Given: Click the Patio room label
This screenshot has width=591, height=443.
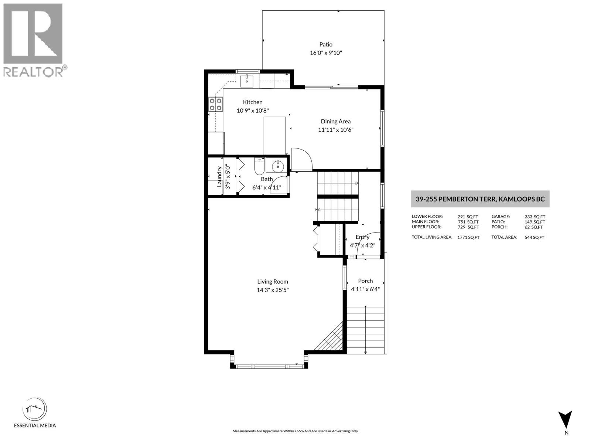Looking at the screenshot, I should point(326,44).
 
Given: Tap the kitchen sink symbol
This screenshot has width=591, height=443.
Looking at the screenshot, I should point(246,80).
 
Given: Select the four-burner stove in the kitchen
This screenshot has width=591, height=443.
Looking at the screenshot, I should point(216,104).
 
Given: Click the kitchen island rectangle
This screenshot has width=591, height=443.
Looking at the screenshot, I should point(274,135).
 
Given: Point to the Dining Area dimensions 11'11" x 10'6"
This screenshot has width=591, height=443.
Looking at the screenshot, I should point(336,130).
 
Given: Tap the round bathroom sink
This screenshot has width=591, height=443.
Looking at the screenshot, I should point(278,167).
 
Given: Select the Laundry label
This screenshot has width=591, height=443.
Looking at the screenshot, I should point(219,176).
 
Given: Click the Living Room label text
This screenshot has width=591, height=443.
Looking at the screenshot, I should point(273,281).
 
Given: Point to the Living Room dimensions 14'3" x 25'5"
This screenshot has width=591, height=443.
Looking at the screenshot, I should point(273,290).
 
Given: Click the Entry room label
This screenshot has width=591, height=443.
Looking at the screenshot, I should point(362,237).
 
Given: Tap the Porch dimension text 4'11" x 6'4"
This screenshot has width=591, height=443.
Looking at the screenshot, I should point(365,289).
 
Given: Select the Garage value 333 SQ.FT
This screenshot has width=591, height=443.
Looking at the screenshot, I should point(534,217).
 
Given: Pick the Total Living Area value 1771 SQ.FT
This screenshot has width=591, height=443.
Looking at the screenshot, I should point(468,237).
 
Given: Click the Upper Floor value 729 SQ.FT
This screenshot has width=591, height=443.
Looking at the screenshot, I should point(468,227).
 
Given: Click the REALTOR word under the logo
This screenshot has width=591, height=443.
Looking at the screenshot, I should point(33,72).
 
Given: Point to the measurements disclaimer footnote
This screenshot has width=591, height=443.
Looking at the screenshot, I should point(295,431).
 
